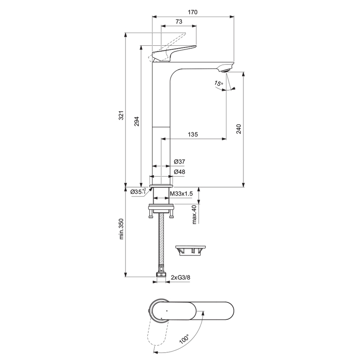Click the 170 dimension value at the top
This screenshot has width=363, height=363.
[193, 12]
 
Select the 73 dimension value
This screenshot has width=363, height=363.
[179, 21]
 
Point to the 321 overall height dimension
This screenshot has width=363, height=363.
[121, 115]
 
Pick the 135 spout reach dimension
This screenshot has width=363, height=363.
[193, 135]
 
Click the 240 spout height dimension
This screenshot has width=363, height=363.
[239, 129]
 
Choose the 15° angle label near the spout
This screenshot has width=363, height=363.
[219, 84]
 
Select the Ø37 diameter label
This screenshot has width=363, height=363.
[179, 161]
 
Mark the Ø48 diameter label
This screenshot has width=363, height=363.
[179, 172]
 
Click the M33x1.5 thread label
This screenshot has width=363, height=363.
[181, 194]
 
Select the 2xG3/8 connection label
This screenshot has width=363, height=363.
[180, 278]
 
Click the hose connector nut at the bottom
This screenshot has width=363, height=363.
[161, 277]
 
